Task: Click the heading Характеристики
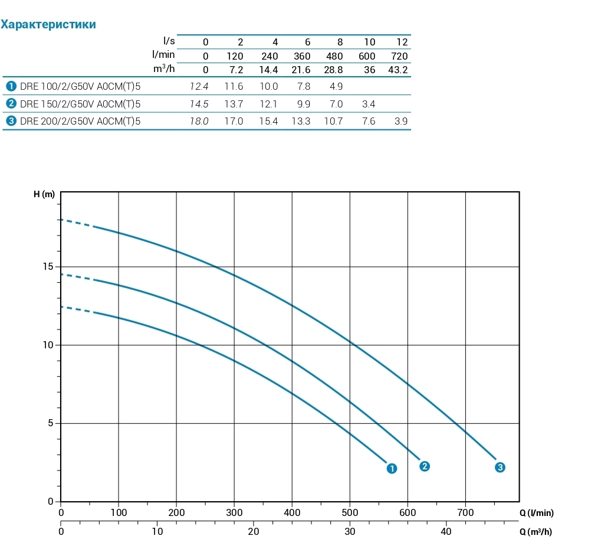(48, 25)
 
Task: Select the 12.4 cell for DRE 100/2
(199, 87)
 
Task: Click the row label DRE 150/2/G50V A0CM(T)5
(80, 104)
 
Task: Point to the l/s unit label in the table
(169, 41)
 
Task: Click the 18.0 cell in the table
(199, 122)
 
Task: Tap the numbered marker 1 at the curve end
(392, 468)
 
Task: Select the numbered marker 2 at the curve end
(424, 466)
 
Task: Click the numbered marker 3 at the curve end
(500, 468)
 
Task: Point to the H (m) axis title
(44, 195)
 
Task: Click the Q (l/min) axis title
(536, 513)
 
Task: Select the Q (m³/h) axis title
(536, 532)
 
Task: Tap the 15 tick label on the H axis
(48, 267)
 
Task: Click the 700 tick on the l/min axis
(465, 513)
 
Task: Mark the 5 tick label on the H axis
(51, 423)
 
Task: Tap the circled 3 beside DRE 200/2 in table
(11, 122)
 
